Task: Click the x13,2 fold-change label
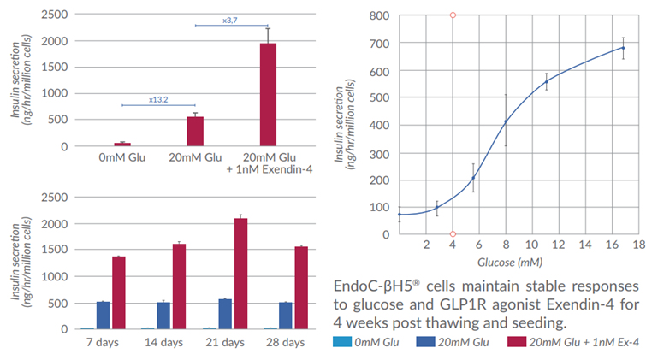pos(158,99)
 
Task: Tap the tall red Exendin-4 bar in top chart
pos(268,94)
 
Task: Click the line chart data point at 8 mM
pos(506,121)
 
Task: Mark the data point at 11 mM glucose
pos(546,82)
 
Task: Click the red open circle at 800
pos(453,15)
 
